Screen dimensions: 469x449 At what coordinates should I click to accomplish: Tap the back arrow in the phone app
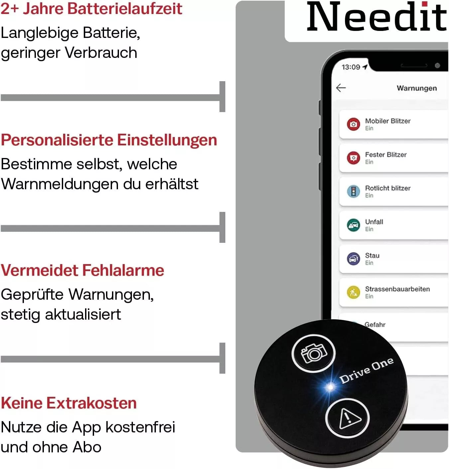pyautogui.click(x=341, y=88)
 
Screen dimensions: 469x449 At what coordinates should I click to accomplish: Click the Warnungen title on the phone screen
pyautogui.click(x=416, y=88)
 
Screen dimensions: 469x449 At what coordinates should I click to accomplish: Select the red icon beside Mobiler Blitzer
pyautogui.click(x=353, y=124)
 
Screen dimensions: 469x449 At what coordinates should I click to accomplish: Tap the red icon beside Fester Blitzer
pyautogui.click(x=353, y=158)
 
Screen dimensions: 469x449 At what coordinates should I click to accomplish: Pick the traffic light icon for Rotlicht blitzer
pyautogui.click(x=353, y=191)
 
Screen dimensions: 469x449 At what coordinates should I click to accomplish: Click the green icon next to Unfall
pyautogui.click(x=353, y=225)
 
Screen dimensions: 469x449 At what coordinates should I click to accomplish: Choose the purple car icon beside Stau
pyautogui.click(x=353, y=259)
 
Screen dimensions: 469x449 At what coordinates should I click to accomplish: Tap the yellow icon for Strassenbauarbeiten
pyautogui.click(x=353, y=292)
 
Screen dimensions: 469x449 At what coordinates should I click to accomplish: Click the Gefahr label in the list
pyautogui.click(x=375, y=324)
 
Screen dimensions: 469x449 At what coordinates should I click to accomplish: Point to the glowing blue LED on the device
pyautogui.click(x=330, y=387)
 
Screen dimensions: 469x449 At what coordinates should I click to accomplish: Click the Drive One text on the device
pyautogui.click(x=366, y=370)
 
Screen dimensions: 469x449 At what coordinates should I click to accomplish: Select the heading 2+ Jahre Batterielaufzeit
pyautogui.click(x=91, y=9)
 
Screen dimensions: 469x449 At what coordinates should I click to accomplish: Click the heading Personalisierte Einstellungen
pyautogui.click(x=109, y=140)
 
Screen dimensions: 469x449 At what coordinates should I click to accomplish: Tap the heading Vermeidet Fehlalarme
pyautogui.click(x=82, y=270)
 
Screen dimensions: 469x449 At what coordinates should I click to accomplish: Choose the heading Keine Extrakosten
pyautogui.click(x=69, y=403)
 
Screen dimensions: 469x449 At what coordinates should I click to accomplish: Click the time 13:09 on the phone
pyautogui.click(x=351, y=67)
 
